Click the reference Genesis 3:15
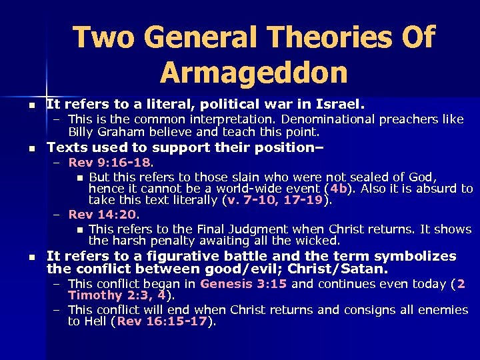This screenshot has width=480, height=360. [x=243, y=283]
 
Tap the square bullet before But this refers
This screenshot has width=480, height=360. [x=80, y=177]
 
